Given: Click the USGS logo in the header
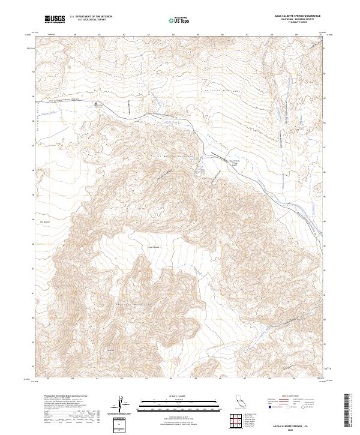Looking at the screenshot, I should click(x=55, y=19).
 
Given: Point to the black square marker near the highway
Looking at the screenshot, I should click(x=95, y=104).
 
